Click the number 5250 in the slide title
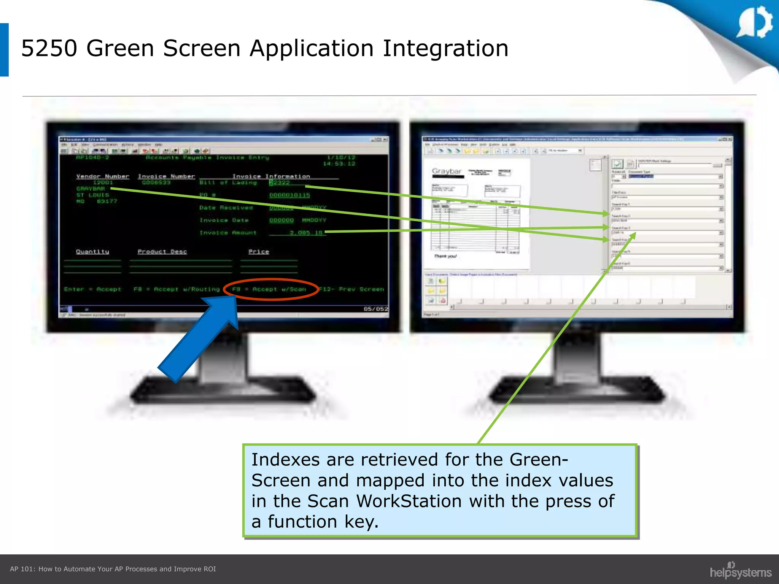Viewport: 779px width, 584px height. coord(49,49)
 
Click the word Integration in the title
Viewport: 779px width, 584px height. coord(445,49)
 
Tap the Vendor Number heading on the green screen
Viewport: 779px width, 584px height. coord(103,176)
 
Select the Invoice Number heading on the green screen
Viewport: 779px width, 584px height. coord(166,176)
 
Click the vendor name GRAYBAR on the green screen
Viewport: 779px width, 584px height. coord(91,189)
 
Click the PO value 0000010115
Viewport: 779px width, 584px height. coord(289,195)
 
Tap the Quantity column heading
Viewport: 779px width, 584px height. coord(92,252)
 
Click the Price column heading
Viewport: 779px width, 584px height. coord(259,252)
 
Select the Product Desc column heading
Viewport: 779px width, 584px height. coord(162,252)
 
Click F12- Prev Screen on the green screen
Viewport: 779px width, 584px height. coord(352,289)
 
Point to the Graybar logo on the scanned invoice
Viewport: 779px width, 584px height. coord(447,171)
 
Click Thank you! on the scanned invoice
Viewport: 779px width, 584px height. coord(445,256)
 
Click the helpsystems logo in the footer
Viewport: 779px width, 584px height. coord(740,571)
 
